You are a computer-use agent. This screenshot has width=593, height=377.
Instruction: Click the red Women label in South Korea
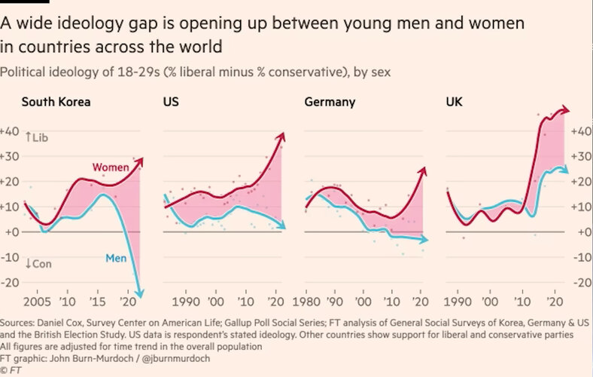pyautogui.click(x=109, y=167)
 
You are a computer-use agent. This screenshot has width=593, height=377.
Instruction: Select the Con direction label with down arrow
pyautogui.click(x=38, y=263)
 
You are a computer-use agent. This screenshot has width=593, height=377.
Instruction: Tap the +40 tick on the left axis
pyautogui.click(x=11, y=131)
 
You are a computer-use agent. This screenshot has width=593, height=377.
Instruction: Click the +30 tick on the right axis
pyautogui.click(x=580, y=156)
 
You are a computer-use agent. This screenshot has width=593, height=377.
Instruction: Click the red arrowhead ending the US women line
pyautogui.click(x=282, y=136)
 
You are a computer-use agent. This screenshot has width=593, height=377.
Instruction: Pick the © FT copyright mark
pyautogui.click(x=14, y=369)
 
